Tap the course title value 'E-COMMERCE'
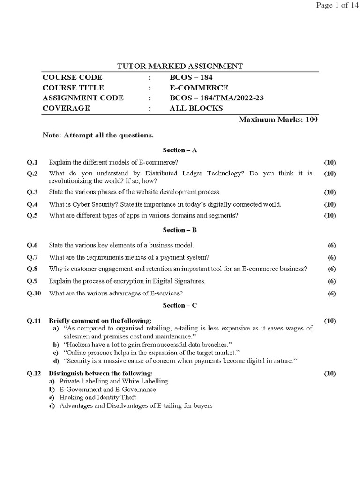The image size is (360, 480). [199, 88]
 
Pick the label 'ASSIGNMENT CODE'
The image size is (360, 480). [83, 98]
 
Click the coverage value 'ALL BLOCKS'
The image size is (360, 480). [196, 108]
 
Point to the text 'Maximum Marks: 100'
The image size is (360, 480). [278, 120]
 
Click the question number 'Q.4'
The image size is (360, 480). [32, 204]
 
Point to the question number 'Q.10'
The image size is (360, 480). [34, 293]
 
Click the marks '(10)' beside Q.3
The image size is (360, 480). [330, 192]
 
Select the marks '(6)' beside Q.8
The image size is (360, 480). [331, 269]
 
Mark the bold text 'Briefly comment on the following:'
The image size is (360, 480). [100, 321]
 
